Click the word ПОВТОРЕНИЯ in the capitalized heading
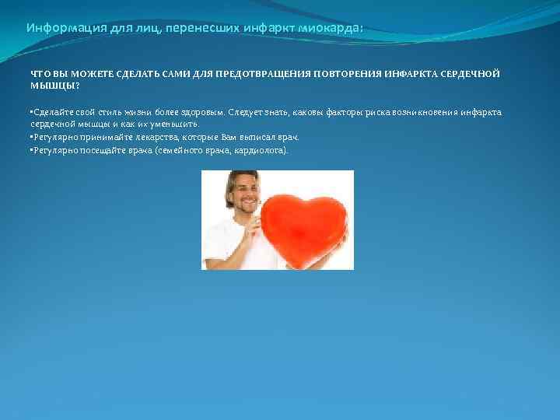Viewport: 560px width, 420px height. [x=346, y=73]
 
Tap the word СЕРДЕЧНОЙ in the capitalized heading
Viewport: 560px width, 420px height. [x=471, y=73]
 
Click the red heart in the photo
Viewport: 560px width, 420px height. [x=303, y=225]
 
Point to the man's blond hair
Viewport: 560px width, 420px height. [x=238, y=178]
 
